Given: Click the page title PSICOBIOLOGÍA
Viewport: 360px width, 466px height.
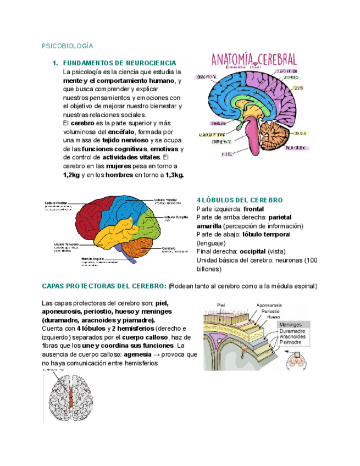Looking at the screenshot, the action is click(x=68, y=46).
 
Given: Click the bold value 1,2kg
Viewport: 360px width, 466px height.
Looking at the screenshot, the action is click(x=72, y=175).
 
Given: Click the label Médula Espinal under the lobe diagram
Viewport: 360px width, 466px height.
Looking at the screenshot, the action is click(x=93, y=258).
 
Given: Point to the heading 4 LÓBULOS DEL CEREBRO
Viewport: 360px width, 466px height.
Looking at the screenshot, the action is click(x=239, y=200).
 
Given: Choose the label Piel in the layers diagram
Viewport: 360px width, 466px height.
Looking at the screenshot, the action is click(x=221, y=305).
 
